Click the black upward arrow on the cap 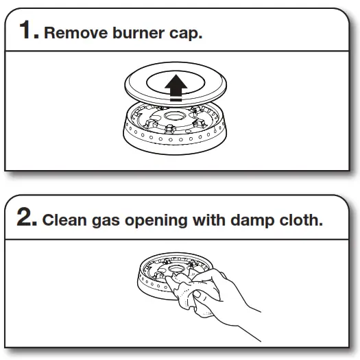tap(177, 84)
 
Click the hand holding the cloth tap(219, 291)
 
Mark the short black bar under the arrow tap(177, 99)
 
